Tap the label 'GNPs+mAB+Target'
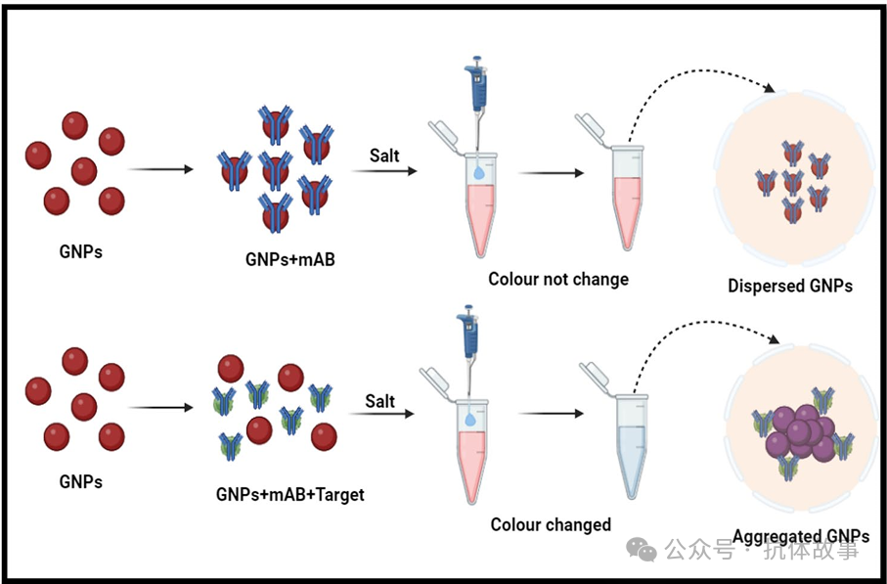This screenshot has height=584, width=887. click(289, 495)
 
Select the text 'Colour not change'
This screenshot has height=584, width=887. click(558, 279)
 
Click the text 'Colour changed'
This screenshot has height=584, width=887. click(551, 524)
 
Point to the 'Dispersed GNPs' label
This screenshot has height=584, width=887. click(790, 287)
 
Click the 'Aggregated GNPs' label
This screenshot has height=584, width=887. click(800, 536)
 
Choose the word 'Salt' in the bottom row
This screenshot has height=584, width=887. click(380, 401)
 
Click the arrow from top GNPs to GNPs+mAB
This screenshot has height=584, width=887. click(160, 169)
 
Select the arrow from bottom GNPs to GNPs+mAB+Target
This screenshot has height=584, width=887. click(160, 407)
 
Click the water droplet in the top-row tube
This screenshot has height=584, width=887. click(477, 172)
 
